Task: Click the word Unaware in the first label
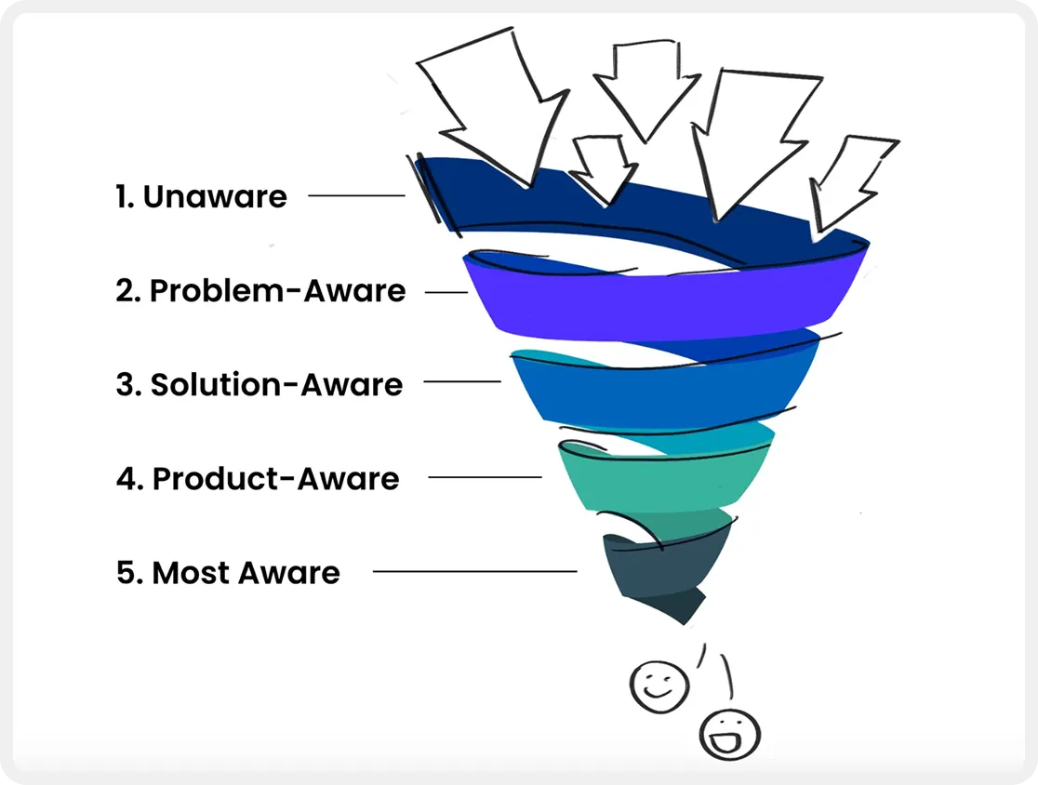click(x=215, y=197)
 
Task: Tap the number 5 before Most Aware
click(x=126, y=573)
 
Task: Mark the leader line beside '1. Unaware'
click(x=356, y=195)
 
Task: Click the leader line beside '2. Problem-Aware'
click(x=446, y=292)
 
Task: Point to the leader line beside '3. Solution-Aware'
click(x=461, y=381)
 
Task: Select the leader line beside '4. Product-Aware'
click(x=485, y=477)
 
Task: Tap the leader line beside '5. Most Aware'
click(x=474, y=571)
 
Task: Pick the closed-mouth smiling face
click(x=659, y=685)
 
